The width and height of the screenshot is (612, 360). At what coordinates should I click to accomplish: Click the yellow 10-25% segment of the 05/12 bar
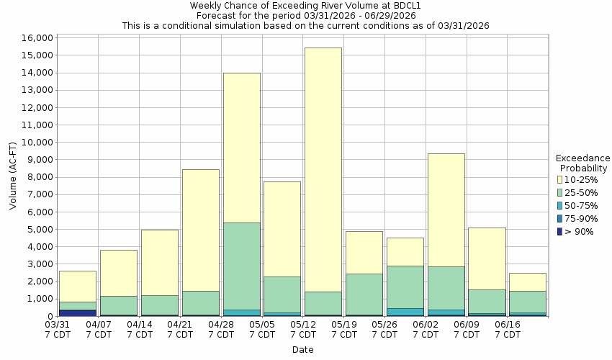pos(323,169)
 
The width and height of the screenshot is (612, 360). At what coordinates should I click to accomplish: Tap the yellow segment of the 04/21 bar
pos(200,230)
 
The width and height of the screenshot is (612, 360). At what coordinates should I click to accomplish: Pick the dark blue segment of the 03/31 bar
pos(77,312)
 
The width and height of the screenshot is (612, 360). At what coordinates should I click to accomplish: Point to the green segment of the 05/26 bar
pos(405,287)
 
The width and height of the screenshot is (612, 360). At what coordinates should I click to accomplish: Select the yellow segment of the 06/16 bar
pos(528,282)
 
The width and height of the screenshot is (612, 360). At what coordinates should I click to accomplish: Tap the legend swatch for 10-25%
pos(560,179)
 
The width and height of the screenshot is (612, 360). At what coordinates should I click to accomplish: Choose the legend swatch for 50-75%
pos(560,205)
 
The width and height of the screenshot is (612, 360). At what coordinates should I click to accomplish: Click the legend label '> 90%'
pos(580,231)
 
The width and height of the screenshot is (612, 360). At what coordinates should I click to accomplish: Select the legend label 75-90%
pos(582,218)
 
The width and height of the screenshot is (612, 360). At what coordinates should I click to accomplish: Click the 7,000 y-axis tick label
pos(40,194)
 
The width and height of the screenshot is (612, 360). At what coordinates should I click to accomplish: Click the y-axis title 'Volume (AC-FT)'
pos(13,177)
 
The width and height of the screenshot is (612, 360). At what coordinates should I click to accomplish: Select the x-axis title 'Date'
pos(302,350)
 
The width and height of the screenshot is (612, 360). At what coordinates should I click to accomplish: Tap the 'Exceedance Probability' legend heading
pos(583,163)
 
